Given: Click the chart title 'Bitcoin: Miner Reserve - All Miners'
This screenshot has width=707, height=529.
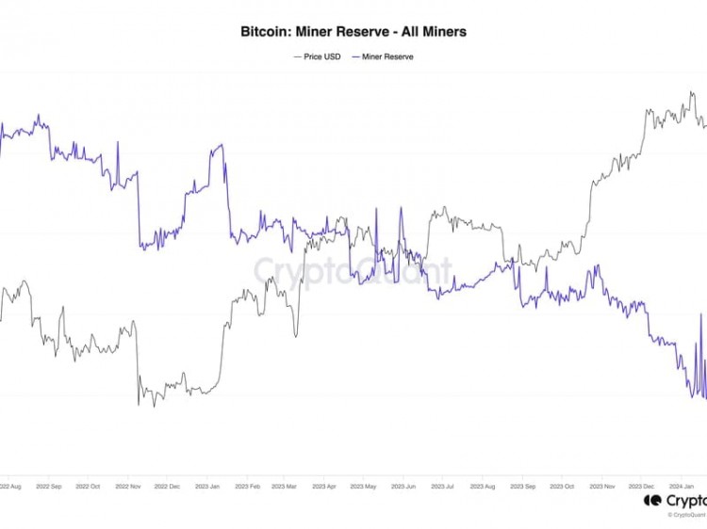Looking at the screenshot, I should click(x=353, y=31).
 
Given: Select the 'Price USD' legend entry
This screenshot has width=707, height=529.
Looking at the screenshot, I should click(x=317, y=56).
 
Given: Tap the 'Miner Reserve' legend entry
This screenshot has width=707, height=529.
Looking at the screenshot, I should click(x=383, y=56).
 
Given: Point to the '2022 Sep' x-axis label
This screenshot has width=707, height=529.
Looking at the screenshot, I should click(x=48, y=487).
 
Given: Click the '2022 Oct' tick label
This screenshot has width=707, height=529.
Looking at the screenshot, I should click(x=89, y=487).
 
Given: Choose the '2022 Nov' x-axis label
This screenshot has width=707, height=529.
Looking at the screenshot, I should click(x=128, y=487).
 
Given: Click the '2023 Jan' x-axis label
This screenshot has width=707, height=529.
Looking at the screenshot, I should click(x=207, y=487).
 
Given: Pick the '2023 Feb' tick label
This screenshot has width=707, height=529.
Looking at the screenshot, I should click(x=247, y=487).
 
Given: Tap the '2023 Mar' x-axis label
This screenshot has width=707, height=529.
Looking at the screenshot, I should click(x=284, y=487).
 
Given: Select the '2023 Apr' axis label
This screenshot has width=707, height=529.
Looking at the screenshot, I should click(x=324, y=487).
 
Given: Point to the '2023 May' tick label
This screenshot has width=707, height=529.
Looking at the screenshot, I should click(x=363, y=487).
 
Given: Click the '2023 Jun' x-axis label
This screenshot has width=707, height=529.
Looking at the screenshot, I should click(x=403, y=487).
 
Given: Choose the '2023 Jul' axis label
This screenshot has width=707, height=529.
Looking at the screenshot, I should click(x=442, y=487).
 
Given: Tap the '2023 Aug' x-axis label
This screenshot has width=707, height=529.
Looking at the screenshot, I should click(x=483, y=487).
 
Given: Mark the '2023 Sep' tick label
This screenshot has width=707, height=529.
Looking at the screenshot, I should click(x=522, y=487).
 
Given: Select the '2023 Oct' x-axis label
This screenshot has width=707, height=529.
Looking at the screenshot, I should click(x=561, y=487).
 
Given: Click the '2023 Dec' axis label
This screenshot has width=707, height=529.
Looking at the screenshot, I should click(x=641, y=487).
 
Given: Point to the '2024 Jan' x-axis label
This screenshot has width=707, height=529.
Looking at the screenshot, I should click(x=681, y=487).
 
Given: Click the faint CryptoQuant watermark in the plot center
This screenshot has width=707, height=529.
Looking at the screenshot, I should click(x=353, y=273).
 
